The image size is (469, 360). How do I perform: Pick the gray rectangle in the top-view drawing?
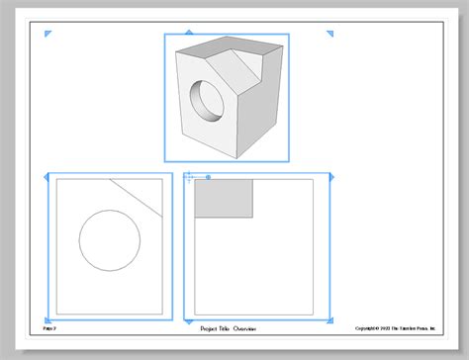pos(223,197)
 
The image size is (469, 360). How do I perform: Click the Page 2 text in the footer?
pos(49,326)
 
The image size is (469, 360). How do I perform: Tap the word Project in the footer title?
pos(208,326)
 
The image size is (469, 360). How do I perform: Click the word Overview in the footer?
pos(242,326)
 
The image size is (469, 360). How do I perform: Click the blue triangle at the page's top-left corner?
pos(47,34)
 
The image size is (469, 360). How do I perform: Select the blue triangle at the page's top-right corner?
pos(331,34)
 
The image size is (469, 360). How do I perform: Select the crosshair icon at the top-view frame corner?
pos(188,177)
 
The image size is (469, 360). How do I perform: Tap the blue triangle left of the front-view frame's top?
pos(47,176)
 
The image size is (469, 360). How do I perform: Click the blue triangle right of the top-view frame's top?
pos(331,176)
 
